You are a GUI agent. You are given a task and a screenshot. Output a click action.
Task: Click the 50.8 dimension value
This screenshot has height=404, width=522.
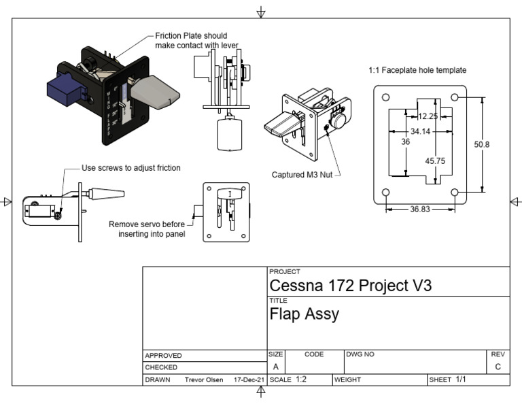click(x=482, y=144)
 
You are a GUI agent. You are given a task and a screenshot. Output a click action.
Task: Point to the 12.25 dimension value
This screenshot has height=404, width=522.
click(x=428, y=116)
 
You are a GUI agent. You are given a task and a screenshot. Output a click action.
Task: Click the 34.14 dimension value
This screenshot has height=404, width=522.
click(x=420, y=131)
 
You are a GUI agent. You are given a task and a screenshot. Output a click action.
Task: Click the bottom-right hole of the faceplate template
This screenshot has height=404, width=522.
click(x=455, y=193)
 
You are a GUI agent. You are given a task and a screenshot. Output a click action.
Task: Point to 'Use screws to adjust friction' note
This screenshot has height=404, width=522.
click(x=131, y=168)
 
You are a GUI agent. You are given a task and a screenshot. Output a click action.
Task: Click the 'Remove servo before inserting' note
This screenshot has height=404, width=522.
click(x=147, y=229)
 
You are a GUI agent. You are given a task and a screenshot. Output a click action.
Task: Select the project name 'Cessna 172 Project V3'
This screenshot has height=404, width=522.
click(x=350, y=286)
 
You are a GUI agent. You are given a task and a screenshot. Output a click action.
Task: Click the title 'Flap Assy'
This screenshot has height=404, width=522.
click(x=304, y=314)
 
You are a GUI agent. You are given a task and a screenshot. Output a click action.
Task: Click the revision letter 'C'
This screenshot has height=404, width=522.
click(x=498, y=367)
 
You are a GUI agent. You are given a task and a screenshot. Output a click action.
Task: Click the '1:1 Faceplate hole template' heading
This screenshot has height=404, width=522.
click(x=417, y=70)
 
